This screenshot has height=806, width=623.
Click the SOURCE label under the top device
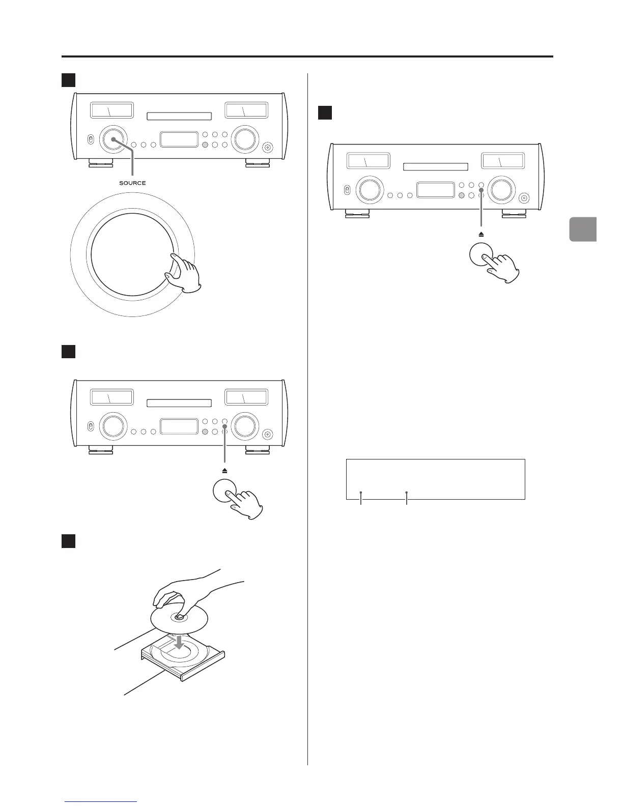(x=132, y=183)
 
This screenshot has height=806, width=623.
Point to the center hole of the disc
(x=180, y=617)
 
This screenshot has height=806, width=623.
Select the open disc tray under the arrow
(x=182, y=659)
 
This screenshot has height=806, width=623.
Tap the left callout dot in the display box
(x=361, y=493)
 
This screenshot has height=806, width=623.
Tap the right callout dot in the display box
(x=407, y=493)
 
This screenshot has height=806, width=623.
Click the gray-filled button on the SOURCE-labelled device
(x=205, y=145)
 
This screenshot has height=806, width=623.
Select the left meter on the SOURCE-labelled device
(x=111, y=110)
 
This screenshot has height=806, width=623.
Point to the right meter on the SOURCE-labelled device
(x=246, y=110)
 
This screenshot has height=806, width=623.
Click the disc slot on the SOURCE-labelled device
(x=179, y=117)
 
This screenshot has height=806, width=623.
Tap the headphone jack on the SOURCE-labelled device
(x=268, y=148)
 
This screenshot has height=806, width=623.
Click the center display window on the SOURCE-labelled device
(x=179, y=139)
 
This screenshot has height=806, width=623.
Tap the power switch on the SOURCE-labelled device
(x=90, y=139)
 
